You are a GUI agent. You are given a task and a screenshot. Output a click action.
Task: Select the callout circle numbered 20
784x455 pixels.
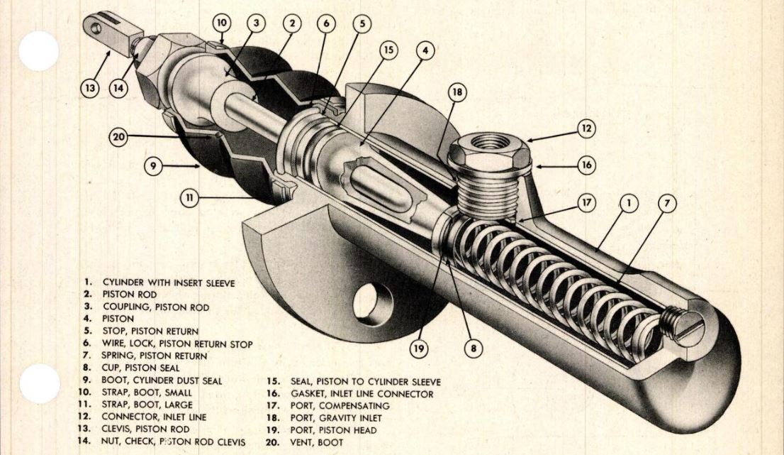pyautogui.click(x=118, y=136)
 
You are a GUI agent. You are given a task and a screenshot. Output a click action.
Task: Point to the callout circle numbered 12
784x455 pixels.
pyautogui.click(x=586, y=128)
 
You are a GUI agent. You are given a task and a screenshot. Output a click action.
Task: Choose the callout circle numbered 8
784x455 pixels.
pyautogui.click(x=473, y=349)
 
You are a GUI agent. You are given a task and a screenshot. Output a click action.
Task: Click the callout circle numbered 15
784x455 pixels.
pyautogui.click(x=388, y=50)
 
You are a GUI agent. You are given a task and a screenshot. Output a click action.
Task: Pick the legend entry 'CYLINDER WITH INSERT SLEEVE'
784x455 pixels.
pyautogui.click(x=168, y=282)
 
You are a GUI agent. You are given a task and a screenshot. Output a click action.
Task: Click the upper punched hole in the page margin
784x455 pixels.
pyautogui.click(x=38, y=50)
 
